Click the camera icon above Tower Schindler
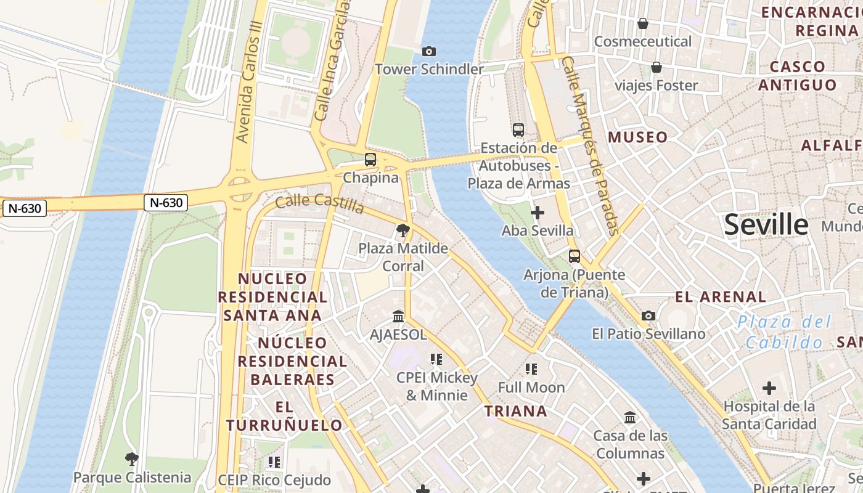coord(428,51)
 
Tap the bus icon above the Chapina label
coord(370,160)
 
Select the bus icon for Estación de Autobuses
coord(518,130)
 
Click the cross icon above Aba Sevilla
coord(538,213)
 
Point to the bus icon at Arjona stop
coord(575,256)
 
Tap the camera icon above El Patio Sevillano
coord(648,316)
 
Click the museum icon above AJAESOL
coord(398,316)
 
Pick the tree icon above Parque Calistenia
coord(131,459)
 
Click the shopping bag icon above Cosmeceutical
coord(643,23)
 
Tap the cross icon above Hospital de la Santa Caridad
coord(769,389)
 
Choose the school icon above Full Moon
coord(531,369)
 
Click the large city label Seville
coord(766,225)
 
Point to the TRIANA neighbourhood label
coord(515,411)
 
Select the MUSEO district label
coord(637,137)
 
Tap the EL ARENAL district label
coord(720,297)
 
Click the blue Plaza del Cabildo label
coord(784,332)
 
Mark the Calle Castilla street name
coord(319,203)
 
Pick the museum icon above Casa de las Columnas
coord(630,418)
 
